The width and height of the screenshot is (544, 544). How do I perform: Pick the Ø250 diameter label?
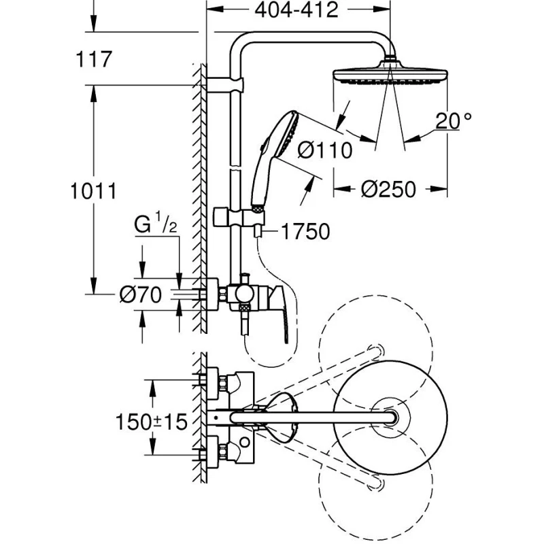[388, 190]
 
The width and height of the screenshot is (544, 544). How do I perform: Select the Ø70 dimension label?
[140, 294]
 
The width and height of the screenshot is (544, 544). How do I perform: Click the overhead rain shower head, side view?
[389, 74]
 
